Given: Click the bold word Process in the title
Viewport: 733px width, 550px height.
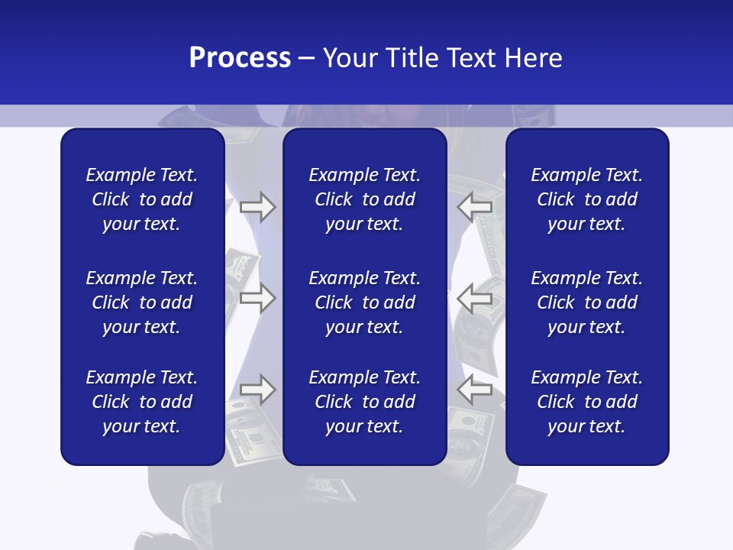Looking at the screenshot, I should point(240,58).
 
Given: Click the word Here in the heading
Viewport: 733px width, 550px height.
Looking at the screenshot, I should point(533,58).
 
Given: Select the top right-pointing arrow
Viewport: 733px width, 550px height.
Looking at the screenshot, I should point(257,207).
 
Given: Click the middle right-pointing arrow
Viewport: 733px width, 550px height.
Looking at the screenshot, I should point(257,298).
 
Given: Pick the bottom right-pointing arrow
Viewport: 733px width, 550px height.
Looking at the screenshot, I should point(257,390).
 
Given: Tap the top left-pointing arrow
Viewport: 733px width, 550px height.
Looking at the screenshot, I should point(475,207).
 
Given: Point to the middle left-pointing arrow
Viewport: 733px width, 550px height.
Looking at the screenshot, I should point(475,298).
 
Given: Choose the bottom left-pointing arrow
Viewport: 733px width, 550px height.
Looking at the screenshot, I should point(475,390).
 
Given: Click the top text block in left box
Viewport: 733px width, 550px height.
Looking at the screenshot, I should point(142,199).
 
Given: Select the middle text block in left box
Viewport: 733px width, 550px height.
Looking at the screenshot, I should point(142,302).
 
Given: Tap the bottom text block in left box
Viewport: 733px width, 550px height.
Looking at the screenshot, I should point(142,402).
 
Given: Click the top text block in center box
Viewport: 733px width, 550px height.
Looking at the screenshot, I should point(364,199).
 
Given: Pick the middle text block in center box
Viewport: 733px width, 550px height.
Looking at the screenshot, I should point(364,302).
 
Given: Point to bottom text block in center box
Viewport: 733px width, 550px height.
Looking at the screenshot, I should point(364,402).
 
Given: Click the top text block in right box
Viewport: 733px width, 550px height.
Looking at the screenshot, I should point(586,199).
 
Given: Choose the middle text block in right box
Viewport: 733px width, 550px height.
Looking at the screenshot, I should point(586,302).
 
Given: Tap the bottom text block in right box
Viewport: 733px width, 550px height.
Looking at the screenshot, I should point(586,402).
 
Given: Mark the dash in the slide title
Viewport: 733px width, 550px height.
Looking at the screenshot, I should point(307,59).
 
